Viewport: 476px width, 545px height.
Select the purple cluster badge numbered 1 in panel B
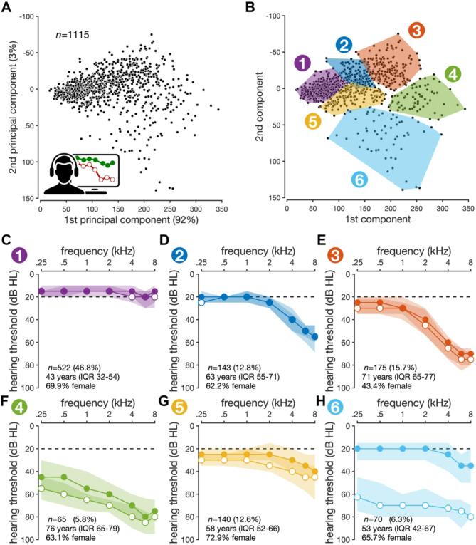tap(302, 63)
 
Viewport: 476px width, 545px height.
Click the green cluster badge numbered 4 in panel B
tap(451, 73)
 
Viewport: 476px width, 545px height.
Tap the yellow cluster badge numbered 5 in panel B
tap(311, 120)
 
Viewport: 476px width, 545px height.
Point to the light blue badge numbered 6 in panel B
tap(360, 180)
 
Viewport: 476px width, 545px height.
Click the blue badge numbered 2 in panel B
tap(344, 46)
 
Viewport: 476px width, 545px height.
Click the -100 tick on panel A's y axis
tap(26, 16)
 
